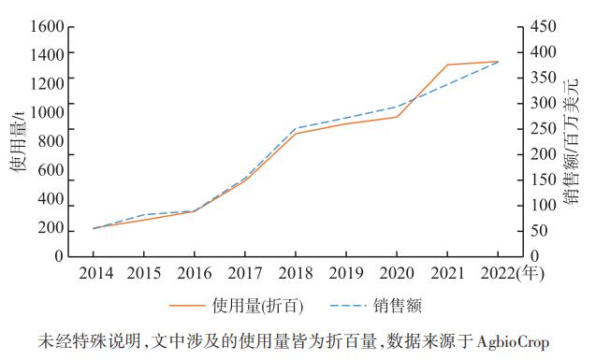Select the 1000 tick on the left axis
click(45, 113)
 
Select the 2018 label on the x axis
click(296, 273)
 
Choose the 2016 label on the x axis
click(195, 273)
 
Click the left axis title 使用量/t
click(16, 140)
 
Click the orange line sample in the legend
click(186, 306)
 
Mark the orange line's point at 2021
click(446, 65)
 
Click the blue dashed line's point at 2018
click(296, 128)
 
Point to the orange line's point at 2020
click(397, 117)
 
